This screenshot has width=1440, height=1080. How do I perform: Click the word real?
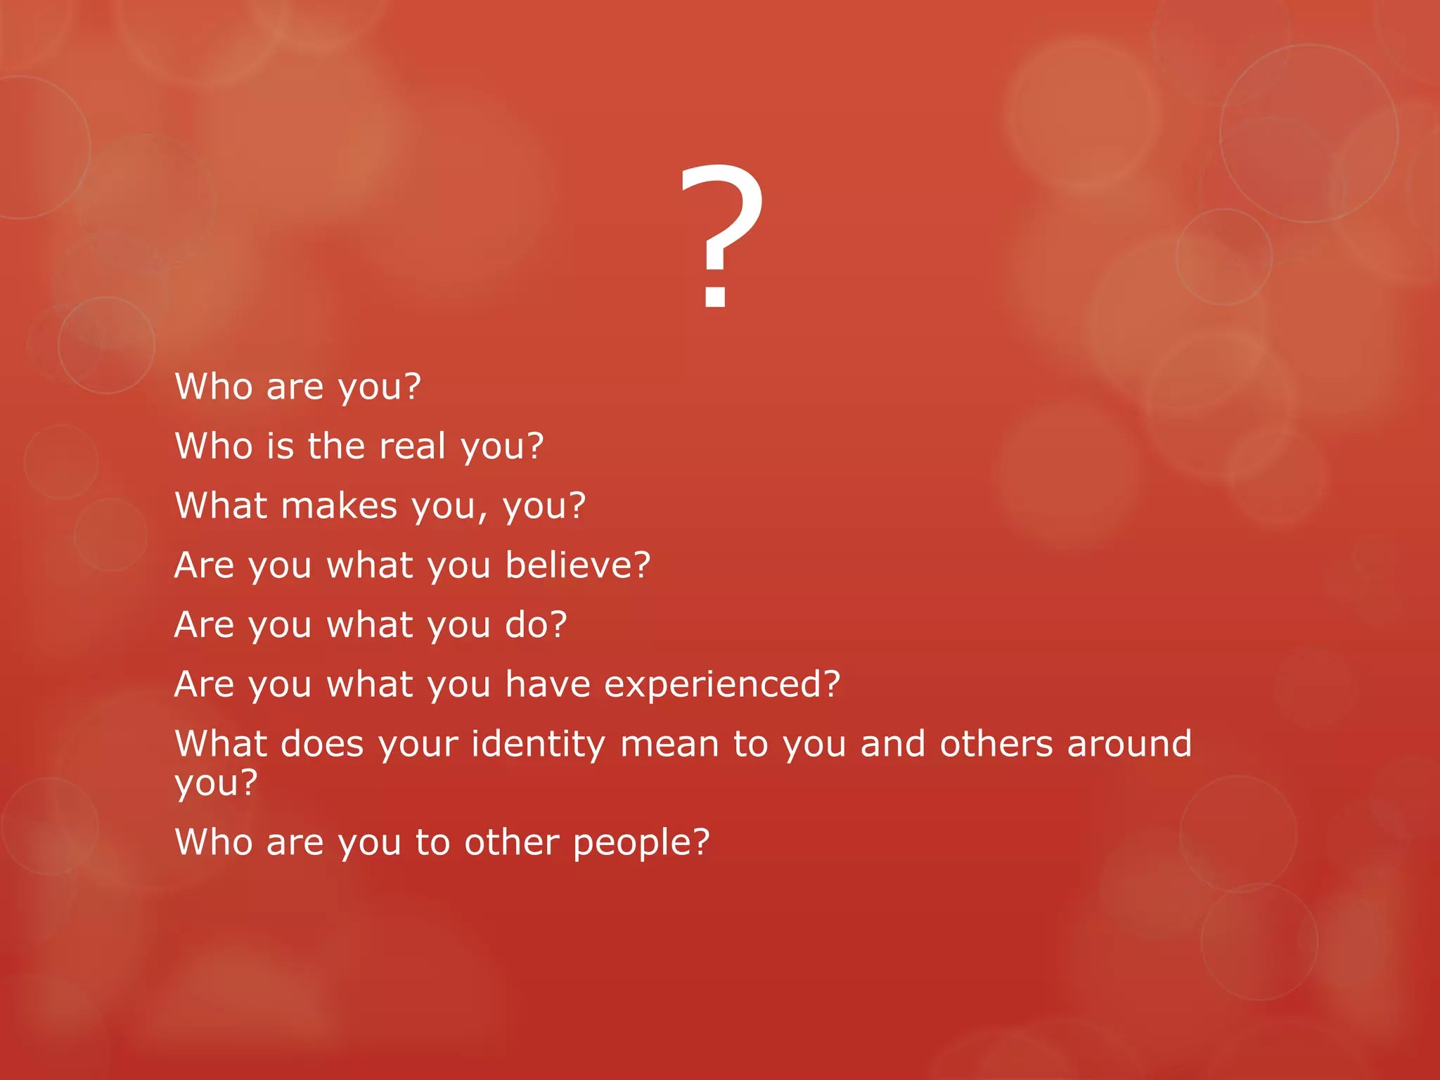412,446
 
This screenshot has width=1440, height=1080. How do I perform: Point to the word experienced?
713,685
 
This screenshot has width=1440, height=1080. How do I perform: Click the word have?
548,684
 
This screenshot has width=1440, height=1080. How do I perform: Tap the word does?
322,744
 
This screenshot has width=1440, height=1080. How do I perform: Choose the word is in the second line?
280,446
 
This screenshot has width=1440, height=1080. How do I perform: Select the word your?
418,745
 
